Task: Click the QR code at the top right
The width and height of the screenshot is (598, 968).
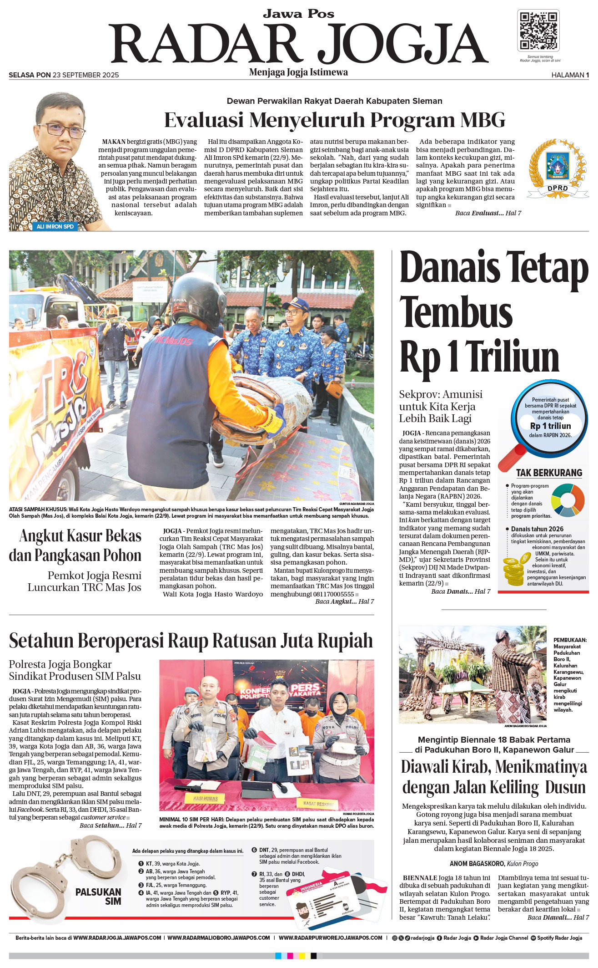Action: pyautogui.click(x=538, y=31)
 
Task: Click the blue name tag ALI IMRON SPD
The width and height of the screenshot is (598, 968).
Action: pyautogui.click(x=55, y=226)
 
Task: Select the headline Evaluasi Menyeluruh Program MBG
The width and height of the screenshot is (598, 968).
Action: pyautogui.click(x=334, y=120)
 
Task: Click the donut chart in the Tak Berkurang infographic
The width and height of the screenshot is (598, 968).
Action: pyautogui.click(x=568, y=500)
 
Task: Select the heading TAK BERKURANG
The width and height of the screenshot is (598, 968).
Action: pyautogui.click(x=549, y=473)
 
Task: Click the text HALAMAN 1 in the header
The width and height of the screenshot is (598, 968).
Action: pyautogui.click(x=570, y=75)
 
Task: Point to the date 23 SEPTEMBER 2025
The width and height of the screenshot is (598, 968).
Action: pyautogui.click(x=85, y=75)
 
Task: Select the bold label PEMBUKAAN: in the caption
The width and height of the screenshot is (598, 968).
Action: pyautogui.click(x=570, y=640)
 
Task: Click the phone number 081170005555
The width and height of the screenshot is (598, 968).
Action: pyautogui.click(x=333, y=594)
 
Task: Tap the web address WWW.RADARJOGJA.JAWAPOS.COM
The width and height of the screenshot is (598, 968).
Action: pyautogui.click(x=117, y=938)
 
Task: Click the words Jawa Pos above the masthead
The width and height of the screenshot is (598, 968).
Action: pyautogui.click(x=298, y=14)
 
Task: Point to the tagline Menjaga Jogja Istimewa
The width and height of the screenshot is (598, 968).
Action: pyautogui.click(x=298, y=72)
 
